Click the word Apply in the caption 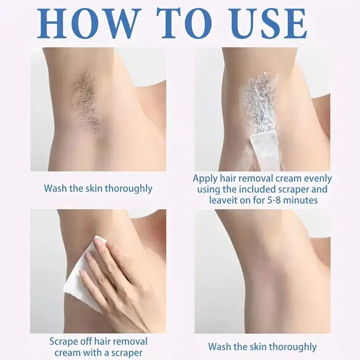click(205, 179)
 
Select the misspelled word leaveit click(223, 200)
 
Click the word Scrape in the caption click(63, 342)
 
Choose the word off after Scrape click(85, 342)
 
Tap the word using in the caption click(207, 189)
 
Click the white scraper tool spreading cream click(266, 150)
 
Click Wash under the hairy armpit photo click(55, 188)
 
